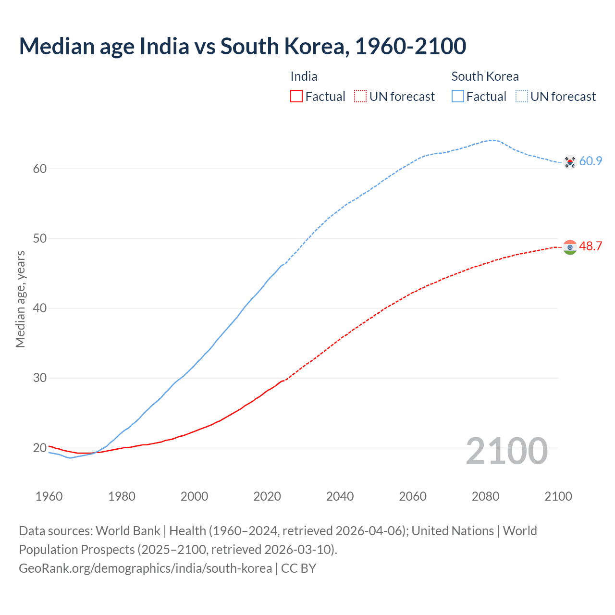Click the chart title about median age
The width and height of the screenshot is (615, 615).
click(x=242, y=46)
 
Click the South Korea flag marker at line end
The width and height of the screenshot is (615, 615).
click(x=570, y=162)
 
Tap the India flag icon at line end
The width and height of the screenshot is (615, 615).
click(x=570, y=247)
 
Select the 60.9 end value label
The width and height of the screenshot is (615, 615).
click(x=590, y=161)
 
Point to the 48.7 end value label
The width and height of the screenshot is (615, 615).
click(x=590, y=246)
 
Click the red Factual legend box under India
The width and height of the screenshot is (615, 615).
click(x=296, y=96)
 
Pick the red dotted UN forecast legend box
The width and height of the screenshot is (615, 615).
click(x=360, y=96)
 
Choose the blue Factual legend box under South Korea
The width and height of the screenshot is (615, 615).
click(x=458, y=96)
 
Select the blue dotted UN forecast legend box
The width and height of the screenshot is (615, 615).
click(x=522, y=96)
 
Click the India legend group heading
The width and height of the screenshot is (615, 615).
click(x=304, y=76)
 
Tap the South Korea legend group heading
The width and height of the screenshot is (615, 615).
click(x=485, y=76)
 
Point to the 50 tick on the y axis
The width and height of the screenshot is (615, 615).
click(x=40, y=239)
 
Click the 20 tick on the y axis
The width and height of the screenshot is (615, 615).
click(x=40, y=448)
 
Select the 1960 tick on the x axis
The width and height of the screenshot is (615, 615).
click(x=49, y=496)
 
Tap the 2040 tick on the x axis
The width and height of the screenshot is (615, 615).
click(x=340, y=496)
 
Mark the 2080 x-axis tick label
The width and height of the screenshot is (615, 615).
click(x=485, y=496)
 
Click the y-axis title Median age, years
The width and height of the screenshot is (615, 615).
click(x=20, y=299)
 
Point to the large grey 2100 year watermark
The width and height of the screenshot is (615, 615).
click(x=506, y=451)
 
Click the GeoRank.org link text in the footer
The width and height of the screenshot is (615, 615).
click(x=145, y=568)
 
